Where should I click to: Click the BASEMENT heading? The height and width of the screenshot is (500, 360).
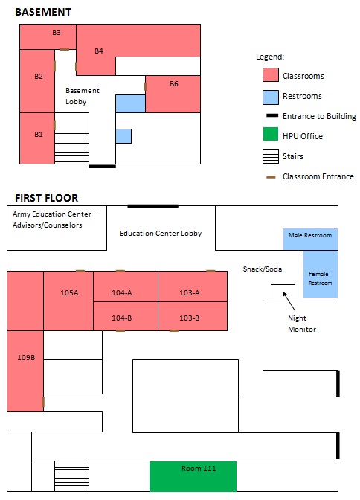pos(43,12)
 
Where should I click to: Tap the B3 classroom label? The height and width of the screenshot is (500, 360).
pos(57,32)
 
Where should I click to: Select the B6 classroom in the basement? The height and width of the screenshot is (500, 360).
pos(173,94)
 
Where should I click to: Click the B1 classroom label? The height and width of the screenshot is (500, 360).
pos(39,134)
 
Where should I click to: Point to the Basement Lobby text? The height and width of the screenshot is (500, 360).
pos(83,96)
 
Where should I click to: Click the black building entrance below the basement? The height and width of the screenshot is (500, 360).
pos(103,166)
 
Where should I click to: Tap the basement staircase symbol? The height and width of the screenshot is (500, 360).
pos(71,149)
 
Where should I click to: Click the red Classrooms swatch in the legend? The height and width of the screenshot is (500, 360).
pos(271,76)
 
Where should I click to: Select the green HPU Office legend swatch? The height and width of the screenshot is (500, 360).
pos(271,134)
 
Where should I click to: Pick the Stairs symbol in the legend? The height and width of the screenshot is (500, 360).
pos(271,156)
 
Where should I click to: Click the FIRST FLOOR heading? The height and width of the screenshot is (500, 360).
pos(47,198)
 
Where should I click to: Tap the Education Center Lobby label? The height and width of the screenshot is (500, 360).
pos(161,234)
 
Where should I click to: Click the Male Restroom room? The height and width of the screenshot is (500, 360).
pos(310,239)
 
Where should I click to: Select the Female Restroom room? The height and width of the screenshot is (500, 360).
pos(321,275)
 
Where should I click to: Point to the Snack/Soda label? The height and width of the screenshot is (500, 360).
pos(263,269)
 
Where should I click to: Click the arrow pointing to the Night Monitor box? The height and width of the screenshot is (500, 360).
pos(289,301)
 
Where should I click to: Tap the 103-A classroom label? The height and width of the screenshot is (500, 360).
pos(190,292)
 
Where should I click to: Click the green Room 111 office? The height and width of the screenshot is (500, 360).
pos(193,476)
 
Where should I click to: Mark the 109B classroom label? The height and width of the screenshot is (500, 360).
pos(26,357)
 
